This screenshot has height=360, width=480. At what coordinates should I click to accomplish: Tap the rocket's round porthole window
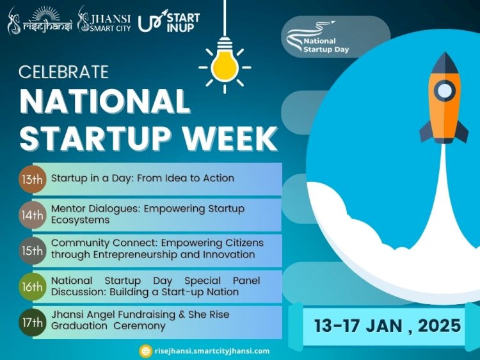(445, 91)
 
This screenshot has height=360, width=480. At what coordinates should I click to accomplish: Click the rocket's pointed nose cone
(445, 63)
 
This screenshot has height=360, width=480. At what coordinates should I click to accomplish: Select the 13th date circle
(33, 179)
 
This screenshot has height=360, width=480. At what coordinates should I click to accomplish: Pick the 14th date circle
(33, 215)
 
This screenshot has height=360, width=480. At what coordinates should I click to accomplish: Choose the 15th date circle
(33, 251)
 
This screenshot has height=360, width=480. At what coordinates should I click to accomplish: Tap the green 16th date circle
(33, 287)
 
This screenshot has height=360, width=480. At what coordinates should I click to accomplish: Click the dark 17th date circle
(33, 322)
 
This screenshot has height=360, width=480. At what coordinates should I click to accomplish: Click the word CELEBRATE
(63, 72)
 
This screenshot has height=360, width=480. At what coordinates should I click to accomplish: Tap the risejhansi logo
(40, 21)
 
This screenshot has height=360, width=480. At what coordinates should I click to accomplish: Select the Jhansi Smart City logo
(104, 20)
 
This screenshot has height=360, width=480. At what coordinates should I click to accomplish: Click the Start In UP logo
(169, 21)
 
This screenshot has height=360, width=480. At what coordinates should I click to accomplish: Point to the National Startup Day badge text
(326, 45)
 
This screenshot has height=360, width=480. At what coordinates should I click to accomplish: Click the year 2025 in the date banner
(439, 325)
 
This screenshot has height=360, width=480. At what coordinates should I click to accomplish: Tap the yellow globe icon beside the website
(146, 351)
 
